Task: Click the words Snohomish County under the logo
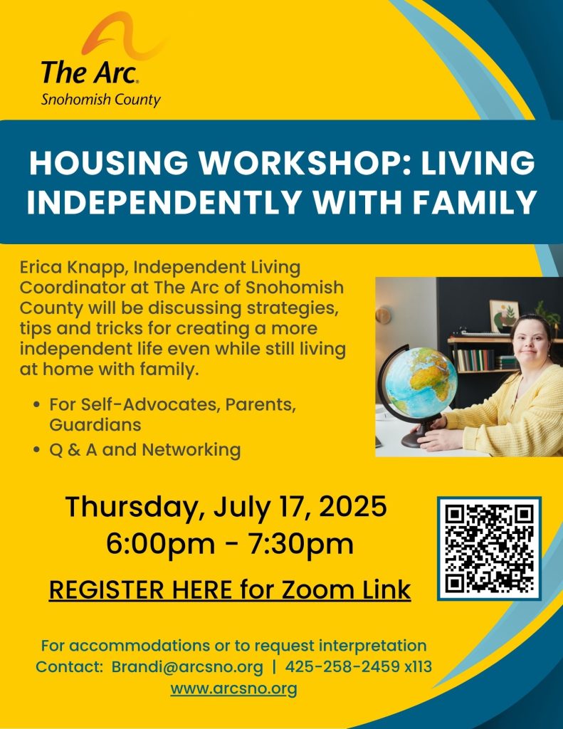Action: pos(101,100)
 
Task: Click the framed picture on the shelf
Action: pos(505,315)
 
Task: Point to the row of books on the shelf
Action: pos(475,360)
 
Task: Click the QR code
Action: pos(489,548)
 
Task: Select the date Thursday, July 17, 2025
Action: pos(226,506)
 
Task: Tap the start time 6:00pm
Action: pos(160,543)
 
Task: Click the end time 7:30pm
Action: pos(301,543)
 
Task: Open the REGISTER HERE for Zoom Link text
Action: pos(230,589)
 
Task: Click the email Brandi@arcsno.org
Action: pos(187,666)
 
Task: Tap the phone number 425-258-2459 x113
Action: pos(359,666)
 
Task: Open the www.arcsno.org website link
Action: pos(234,688)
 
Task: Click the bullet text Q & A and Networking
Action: pos(145,450)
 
